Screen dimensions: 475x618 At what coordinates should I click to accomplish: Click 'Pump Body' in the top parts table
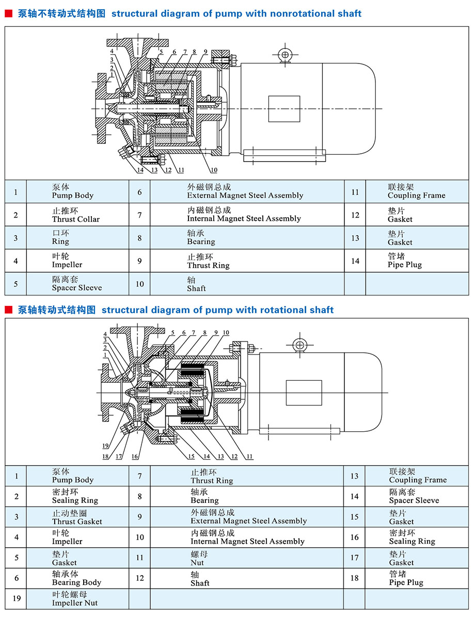click(73, 196)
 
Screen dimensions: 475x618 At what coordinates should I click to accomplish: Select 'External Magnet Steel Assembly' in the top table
click(245, 196)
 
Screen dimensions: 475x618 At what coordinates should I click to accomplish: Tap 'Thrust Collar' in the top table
click(76, 219)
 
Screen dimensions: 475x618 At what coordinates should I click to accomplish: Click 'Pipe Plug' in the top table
click(405, 265)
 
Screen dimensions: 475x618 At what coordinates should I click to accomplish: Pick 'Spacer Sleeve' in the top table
click(77, 288)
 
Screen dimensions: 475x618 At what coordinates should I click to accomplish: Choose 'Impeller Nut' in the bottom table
click(74, 603)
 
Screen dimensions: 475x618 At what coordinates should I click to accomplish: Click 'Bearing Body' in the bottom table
click(76, 582)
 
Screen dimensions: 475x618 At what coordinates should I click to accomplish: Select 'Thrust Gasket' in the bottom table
click(77, 522)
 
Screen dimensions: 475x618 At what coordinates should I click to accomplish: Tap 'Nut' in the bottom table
click(197, 563)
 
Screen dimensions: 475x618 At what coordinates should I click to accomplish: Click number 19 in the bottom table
click(17, 599)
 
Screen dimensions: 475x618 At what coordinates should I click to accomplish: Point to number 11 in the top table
click(355, 192)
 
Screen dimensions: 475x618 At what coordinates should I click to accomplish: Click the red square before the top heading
click(8, 14)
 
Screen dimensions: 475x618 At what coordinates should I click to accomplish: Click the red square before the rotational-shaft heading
click(8, 310)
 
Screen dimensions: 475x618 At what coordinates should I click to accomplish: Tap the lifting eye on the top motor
click(284, 55)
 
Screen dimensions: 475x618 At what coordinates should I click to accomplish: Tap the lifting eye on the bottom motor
click(300, 346)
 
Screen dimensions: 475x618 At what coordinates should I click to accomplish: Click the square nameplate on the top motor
click(284, 109)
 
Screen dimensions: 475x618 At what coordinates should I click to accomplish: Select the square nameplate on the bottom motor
click(304, 393)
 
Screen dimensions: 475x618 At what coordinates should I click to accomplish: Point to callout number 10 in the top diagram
click(213, 170)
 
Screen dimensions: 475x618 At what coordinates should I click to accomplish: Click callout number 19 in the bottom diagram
click(105, 446)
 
